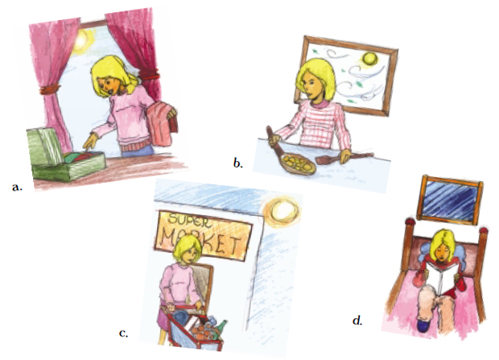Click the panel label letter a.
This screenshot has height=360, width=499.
[x=17, y=188]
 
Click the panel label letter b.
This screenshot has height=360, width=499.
[x=237, y=163]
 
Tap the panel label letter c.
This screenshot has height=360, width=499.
[x=123, y=333]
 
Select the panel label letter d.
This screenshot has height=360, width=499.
[x=357, y=321]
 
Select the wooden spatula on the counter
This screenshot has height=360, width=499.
[x=344, y=158]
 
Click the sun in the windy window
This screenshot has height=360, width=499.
[x=369, y=60]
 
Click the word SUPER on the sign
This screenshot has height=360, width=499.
[x=189, y=221]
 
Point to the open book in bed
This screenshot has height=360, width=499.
[x=443, y=276]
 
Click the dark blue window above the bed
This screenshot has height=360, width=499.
[x=450, y=199]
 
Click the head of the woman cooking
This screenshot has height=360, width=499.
[x=315, y=80]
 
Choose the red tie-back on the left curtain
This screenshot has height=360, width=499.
[x=48, y=89]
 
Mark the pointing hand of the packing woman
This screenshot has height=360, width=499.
[x=90, y=141]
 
